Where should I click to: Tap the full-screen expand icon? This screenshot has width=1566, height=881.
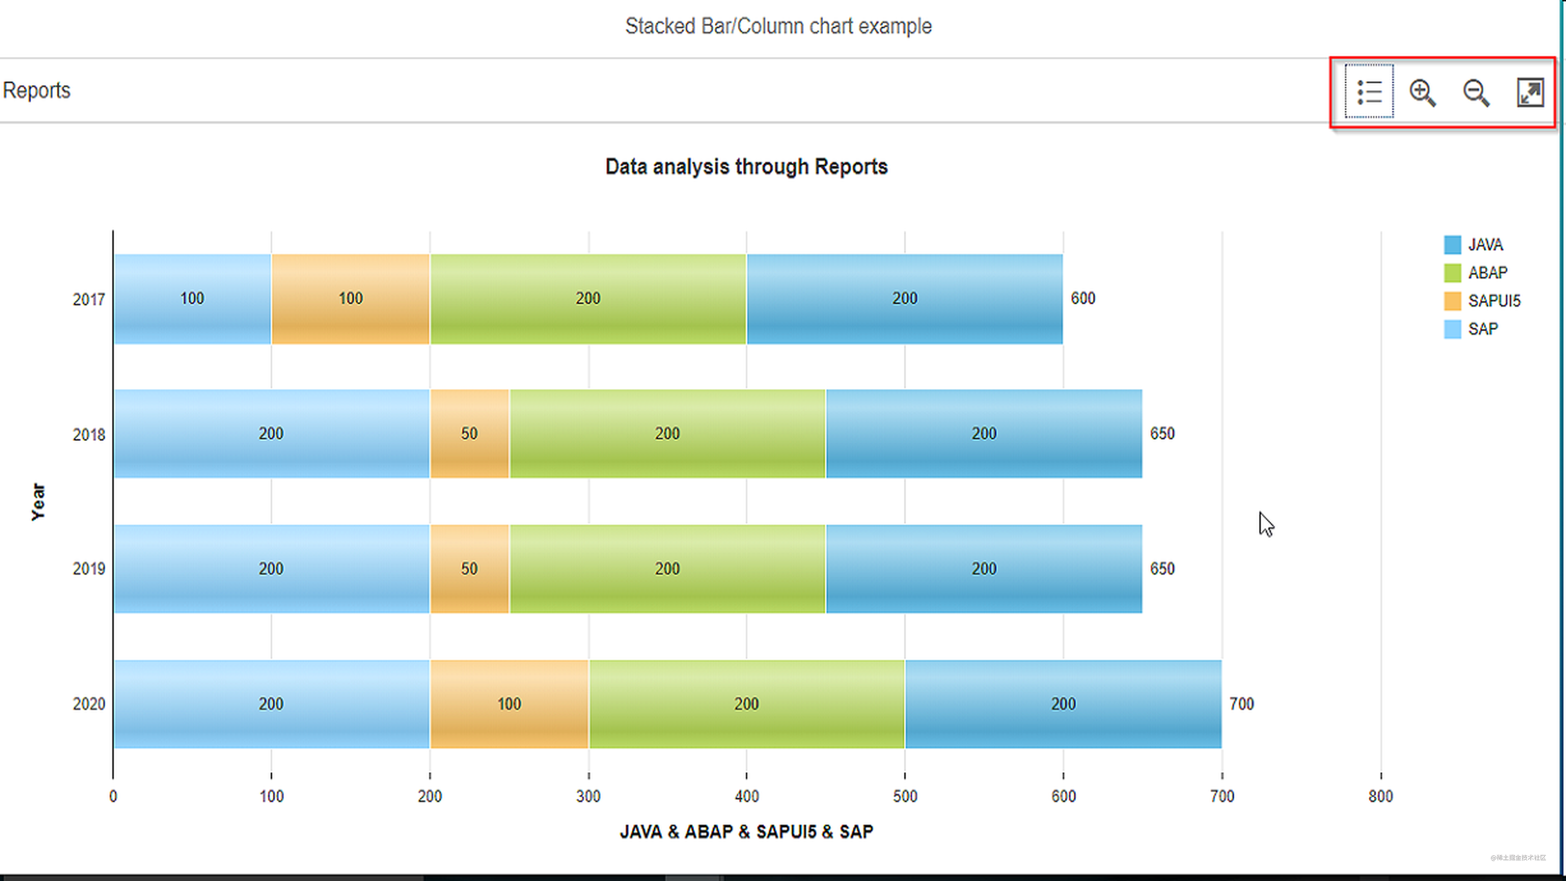[x=1529, y=93]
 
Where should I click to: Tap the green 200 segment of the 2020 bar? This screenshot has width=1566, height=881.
[x=746, y=704]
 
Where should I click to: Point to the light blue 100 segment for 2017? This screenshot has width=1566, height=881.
[x=192, y=298]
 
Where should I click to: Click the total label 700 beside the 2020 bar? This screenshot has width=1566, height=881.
[x=1241, y=704]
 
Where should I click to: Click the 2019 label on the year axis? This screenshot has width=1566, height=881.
[x=89, y=569]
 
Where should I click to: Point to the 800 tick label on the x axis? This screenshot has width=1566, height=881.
[x=1380, y=796]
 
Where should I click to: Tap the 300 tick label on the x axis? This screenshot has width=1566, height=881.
[x=588, y=796]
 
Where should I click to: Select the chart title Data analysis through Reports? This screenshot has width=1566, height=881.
[x=746, y=166]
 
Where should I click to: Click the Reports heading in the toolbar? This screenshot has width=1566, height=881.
[x=37, y=90]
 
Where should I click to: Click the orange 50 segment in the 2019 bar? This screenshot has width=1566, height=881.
[x=469, y=569]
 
